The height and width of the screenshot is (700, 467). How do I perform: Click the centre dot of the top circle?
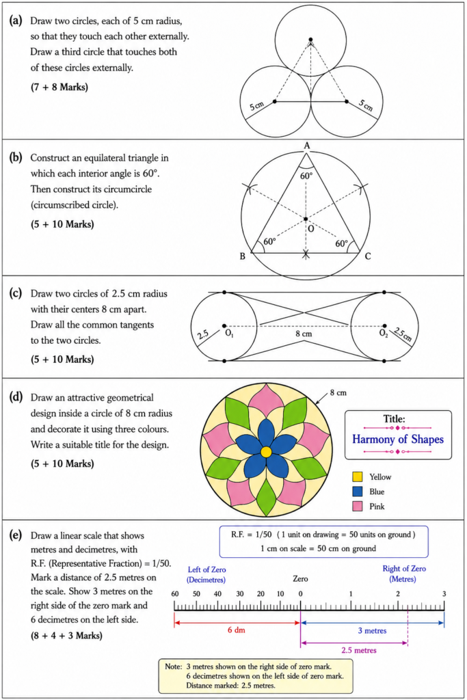tap(310, 40)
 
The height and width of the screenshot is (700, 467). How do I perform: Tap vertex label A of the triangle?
tap(307, 146)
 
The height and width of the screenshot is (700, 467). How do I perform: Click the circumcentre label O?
tap(310, 228)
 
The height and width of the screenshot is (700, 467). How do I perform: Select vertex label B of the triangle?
tap(243, 256)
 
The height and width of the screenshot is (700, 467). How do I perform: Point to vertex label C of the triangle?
tap(367, 256)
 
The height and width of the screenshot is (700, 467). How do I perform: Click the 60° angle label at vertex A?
tap(306, 176)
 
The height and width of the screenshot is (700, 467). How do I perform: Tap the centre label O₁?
tap(229, 334)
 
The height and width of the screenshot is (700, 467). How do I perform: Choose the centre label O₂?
tap(384, 334)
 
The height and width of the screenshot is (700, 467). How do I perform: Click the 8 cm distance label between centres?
tap(304, 334)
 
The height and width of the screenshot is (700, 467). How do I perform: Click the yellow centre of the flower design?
tap(266, 452)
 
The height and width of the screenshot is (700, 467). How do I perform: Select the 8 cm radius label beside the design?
tap(338, 393)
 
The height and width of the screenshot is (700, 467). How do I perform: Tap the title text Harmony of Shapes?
tap(398, 440)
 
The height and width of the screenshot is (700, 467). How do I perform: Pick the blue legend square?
tap(357, 492)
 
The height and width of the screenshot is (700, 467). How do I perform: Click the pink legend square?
tap(357, 507)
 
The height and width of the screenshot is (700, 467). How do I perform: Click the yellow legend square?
tap(357, 476)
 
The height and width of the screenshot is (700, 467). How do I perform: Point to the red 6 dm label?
tap(236, 630)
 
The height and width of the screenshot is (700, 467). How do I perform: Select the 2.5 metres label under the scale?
tap(358, 650)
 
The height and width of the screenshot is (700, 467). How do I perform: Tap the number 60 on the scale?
tap(175, 594)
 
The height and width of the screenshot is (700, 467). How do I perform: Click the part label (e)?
tap(16, 535)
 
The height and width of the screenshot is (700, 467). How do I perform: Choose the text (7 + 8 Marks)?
tap(59, 87)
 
